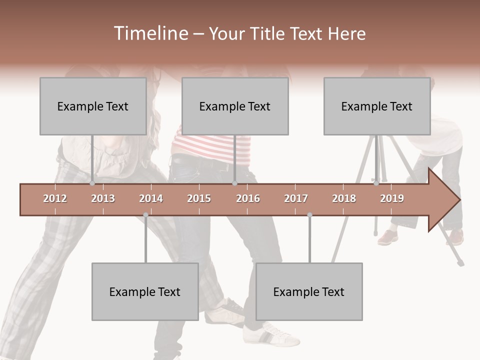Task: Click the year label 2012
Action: (55, 198)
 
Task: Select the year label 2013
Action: (103, 198)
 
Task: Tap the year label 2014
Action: (151, 198)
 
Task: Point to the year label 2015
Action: (199, 198)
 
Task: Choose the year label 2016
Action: (248, 198)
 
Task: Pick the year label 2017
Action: (296, 198)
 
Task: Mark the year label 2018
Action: (344, 198)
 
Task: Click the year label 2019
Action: (392, 198)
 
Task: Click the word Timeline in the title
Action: (150, 33)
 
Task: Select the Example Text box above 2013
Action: (93, 106)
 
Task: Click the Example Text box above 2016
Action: (235, 106)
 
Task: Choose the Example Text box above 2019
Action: (377, 106)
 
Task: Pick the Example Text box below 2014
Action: (145, 291)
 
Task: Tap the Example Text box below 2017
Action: (309, 291)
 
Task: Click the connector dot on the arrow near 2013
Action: (92, 183)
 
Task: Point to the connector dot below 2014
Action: (145, 215)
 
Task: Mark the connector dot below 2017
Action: (309, 215)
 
